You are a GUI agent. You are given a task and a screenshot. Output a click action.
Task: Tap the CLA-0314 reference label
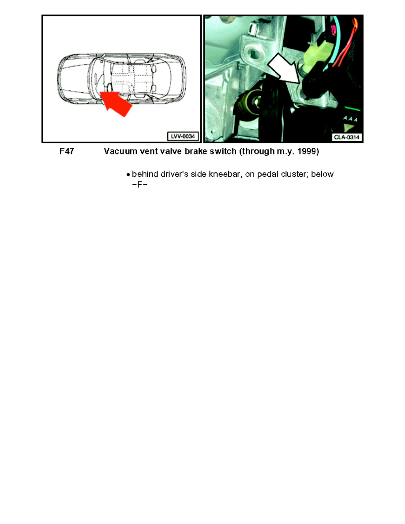pyautogui.click(x=347, y=137)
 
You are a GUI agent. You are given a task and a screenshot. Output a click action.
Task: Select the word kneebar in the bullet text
pyautogui.click(x=213, y=175)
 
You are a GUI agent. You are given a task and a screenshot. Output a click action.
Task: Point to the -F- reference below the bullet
pyautogui.click(x=139, y=184)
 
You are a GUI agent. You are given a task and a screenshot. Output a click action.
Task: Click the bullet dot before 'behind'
pyautogui.click(x=128, y=175)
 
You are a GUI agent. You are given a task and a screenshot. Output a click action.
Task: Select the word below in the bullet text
pyautogui.click(x=323, y=175)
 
